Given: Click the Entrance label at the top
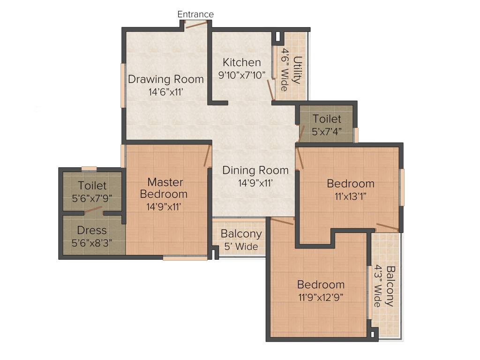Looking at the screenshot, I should pyautogui.click(x=195, y=15).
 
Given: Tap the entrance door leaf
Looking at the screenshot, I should pyautogui.click(x=196, y=24).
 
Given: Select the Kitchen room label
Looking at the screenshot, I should pyautogui.click(x=241, y=62).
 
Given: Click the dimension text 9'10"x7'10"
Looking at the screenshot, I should pyautogui.click(x=242, y=75).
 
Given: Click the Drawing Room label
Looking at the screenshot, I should pyautogui.click(x=166, y=79).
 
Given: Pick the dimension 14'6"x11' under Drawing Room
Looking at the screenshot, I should pyautogui.click(x=165, y=92).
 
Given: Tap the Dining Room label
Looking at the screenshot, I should pyautogui.click(x=255, y=170).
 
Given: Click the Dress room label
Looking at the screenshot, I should pyautogui.click(x=92, y=231).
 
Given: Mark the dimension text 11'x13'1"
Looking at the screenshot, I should pyautogui.click(x=351, y=196).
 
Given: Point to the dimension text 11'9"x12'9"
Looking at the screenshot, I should pyautogui.click(x=321, y=297).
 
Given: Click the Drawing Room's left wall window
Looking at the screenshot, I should pyautogui.click(x=123, y=85).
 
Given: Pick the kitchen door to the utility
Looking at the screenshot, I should pyautogui.click(x=270, y=90).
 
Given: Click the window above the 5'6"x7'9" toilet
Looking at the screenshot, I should pyautogui.click(x=89, y=169).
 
